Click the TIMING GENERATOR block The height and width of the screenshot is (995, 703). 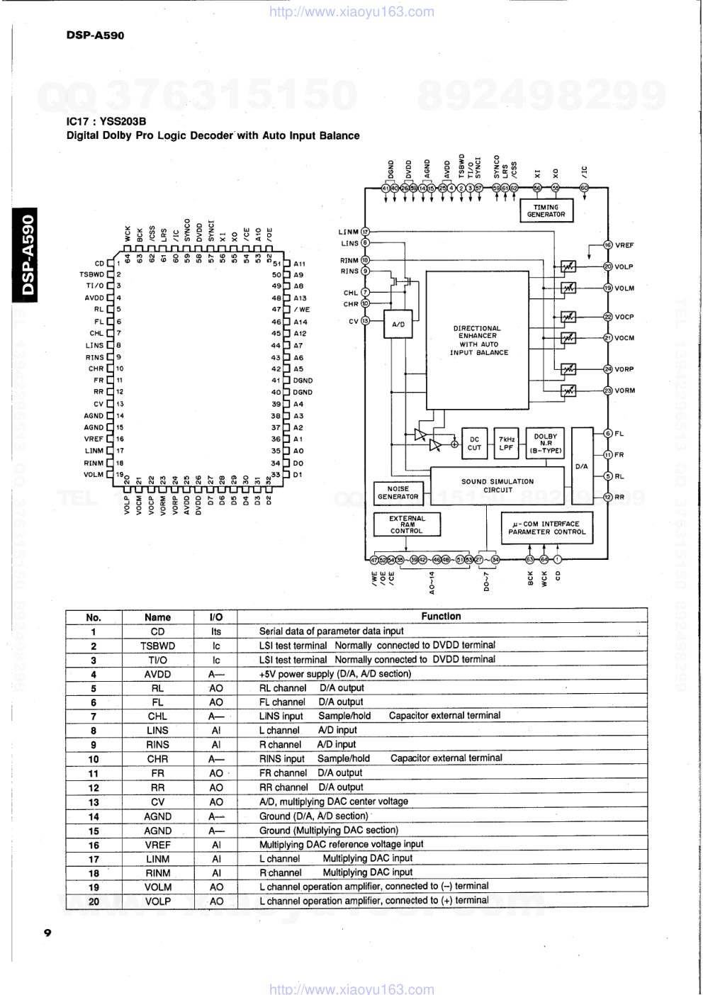[x=546, y=211]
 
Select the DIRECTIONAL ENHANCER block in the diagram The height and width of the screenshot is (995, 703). [x=478, y=340]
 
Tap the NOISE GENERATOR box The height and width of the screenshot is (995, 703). [x=398, y=493]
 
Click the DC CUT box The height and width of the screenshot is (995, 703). [x=474, y=444]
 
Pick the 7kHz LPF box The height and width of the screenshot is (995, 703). [x=506, y=444]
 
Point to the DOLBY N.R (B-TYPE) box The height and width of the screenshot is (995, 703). [x=545, y=444]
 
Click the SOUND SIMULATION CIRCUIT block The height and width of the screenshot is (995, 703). [x=497, y=485]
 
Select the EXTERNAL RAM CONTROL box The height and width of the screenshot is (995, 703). [x=407, y=524]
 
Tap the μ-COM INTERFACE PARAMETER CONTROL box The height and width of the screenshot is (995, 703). [x=546, y=528]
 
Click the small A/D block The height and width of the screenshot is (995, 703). [x=398, y=325]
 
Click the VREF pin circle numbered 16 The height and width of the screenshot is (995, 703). [x=607, y=245]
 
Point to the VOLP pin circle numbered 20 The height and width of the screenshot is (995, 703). [x=607, y=266]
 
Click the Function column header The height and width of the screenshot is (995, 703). [x=441, y=617]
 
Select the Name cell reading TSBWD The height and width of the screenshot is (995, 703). [x=157, y=646]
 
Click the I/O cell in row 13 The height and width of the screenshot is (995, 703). [x=216, y=802]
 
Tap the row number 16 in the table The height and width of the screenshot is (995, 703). [x=94, y=845]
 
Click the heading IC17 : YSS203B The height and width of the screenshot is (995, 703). [x=106, y=121]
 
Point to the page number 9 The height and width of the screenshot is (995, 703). [x=47, y=933]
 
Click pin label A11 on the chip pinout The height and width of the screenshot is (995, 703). [x=299, y=264]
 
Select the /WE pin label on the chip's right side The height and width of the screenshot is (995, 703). [x=301, y=310]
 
